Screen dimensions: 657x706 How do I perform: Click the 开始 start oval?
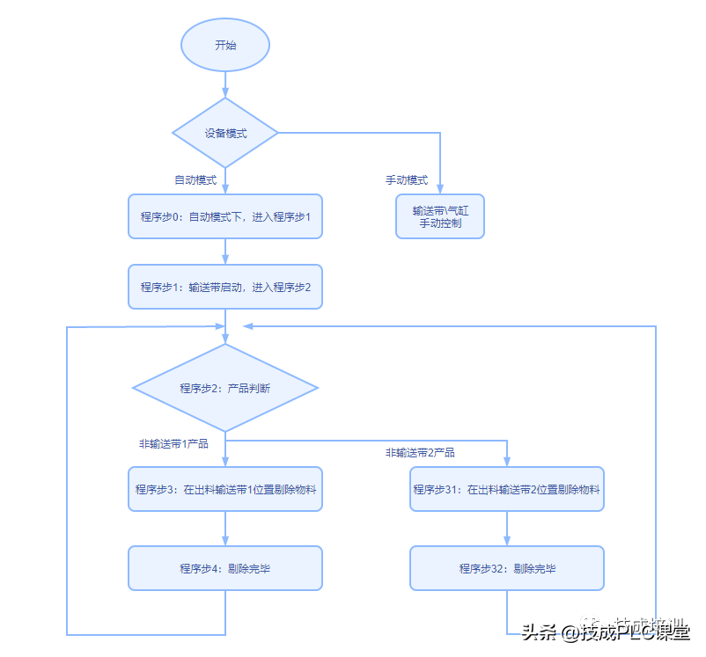point(225,45)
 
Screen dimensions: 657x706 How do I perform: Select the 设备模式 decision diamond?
point(225,133)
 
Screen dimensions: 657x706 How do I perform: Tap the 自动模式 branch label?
point(195,180)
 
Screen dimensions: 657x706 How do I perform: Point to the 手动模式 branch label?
point(407,180)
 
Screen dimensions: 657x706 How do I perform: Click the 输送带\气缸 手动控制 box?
point(440,216)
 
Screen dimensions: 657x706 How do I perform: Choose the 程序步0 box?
point(225,216)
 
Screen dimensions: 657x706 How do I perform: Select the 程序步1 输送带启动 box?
point(225,287)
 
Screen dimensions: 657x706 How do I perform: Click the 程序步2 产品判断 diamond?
point(225,388)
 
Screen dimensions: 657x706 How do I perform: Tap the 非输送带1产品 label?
point(173,444)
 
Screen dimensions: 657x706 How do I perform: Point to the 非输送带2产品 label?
point(420,453)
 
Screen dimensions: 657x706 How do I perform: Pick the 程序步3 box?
point(225,489)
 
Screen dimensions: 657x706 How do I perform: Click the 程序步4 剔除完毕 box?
point(225,568)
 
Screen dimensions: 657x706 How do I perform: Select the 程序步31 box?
point(507,489)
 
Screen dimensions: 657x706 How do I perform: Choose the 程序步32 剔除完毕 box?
point(507,568)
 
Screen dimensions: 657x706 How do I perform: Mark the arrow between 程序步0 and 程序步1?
point(225,252)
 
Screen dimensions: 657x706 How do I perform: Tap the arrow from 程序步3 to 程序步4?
point(225,529)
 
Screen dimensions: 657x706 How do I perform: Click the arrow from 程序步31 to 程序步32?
point(507,529)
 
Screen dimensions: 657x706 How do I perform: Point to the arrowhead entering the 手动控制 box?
point(440,188)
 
